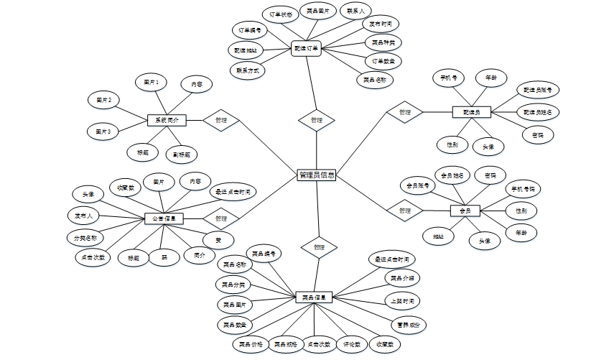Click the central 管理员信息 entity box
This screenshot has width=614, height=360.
[x=317, y=175]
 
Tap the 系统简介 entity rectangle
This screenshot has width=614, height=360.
[x=167, y=120]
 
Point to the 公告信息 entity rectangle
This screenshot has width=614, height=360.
[x=165, y=218]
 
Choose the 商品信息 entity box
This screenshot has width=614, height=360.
[x=314, y=297]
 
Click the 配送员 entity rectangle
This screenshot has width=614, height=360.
[x=472, y=112]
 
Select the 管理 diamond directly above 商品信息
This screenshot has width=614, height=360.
[x=317, y=247]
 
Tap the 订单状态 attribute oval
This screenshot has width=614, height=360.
[x=280, y=14]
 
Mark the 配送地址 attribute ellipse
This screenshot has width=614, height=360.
[x=246, y=50]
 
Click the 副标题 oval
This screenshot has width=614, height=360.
[x=180, y=154]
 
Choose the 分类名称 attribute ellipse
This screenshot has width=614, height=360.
[x=85, y=237]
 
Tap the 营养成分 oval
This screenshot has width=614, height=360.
[x=408, y=324]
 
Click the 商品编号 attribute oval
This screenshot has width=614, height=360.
[x=264, y=253]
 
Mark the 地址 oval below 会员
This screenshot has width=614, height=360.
[x=438, y=235]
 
